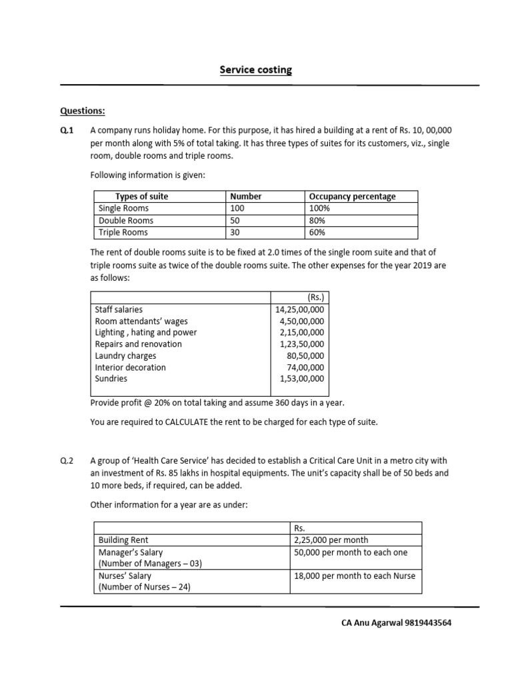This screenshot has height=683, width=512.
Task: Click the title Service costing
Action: (256, 70)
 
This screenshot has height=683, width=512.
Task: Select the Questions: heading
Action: (83, 111)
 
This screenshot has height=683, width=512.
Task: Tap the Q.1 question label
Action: (67, 131)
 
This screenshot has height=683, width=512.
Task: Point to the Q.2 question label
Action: (67, 461)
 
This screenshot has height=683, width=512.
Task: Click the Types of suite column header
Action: (141, 196)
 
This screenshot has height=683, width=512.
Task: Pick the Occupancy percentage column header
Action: (352, 196)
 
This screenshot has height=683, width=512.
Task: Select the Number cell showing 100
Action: (238, 208)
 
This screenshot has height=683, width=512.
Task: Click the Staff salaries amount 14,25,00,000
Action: (299, 309)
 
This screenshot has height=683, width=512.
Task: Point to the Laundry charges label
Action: (126, 356)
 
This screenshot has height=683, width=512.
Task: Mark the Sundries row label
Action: (111, 378)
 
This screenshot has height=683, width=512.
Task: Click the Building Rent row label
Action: (123, 540)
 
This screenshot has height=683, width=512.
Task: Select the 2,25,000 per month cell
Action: (331, 540)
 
